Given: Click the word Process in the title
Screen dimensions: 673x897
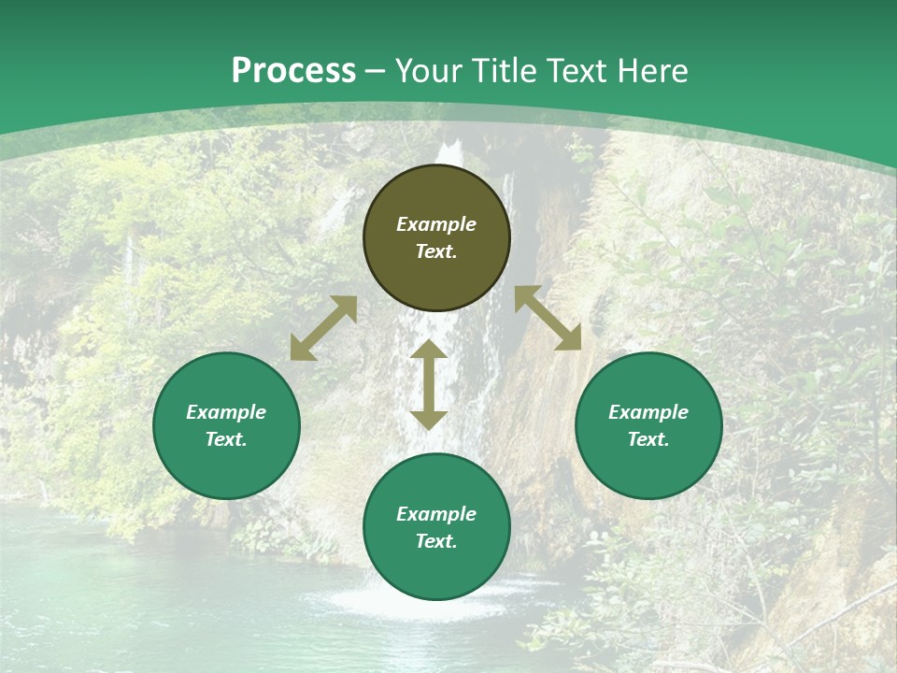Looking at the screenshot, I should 293,71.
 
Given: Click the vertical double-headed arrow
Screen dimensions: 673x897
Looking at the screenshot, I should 429,384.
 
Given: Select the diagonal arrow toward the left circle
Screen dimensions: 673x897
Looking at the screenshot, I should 323,328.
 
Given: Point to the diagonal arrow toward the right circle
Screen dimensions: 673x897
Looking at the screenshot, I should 548,319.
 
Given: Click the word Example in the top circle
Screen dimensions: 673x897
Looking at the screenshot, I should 436,224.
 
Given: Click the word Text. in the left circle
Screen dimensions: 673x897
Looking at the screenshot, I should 226,439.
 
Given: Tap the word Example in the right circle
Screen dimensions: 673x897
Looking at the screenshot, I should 648,412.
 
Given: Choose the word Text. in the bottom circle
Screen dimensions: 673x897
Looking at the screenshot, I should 436,541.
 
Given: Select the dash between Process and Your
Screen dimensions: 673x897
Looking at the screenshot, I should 375,72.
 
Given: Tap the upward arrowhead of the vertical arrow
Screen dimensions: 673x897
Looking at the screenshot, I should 429,351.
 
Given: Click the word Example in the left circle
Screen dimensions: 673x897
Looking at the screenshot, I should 226,412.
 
